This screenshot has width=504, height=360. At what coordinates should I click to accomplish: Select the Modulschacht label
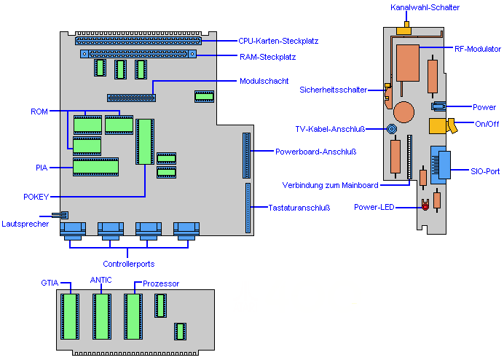click(x=264, y=80)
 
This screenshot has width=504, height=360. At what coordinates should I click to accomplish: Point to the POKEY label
click(x=36, y=197)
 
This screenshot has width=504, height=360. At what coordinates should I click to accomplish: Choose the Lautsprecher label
click(x=25, y=224)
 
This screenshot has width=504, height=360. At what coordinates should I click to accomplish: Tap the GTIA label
click(x=50, y=281)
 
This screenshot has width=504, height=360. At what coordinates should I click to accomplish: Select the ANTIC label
click(x=101, y=279)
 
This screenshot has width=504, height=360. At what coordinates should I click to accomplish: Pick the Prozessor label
click(x=161, y=283)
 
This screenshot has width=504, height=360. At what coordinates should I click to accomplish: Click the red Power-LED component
click(x=425, y=207)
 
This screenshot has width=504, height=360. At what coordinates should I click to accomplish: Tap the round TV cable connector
click(x=392, y=129)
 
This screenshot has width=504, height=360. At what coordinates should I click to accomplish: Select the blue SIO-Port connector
click(x=440, y=167)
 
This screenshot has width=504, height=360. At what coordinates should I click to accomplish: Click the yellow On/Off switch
click(x=440, y=125)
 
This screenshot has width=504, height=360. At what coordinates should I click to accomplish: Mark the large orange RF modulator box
click(x=408, y=62)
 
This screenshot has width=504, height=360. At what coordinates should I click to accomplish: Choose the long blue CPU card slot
click(x=146, y=42)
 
